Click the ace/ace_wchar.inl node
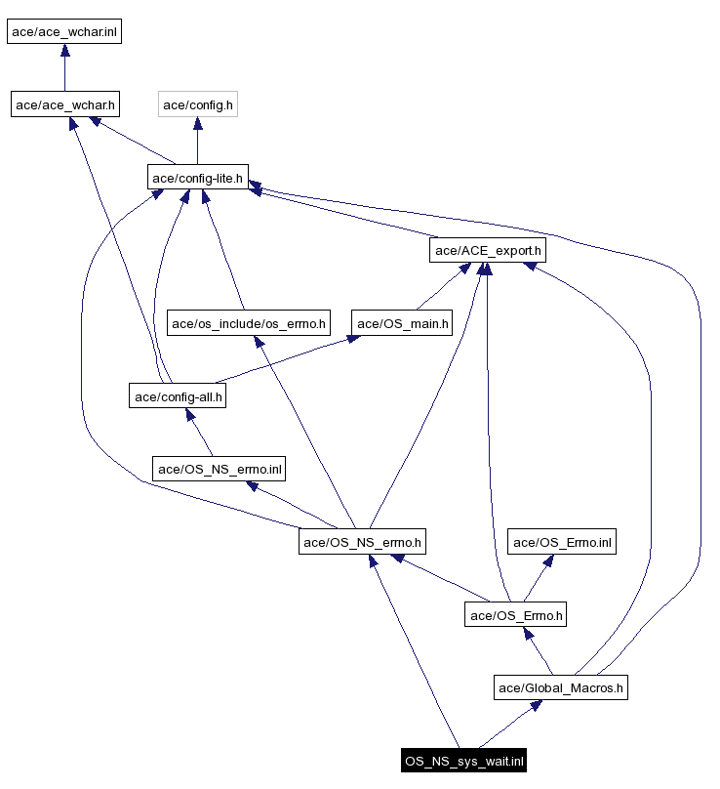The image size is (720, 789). pyautogui.click(x=64, y=31)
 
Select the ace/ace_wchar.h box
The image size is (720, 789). pyautogui.click(x=64, y=104)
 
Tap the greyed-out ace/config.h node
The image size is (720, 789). pyautogui.click(x=198, y=104)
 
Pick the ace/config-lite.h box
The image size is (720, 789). pyautogui.click(x=198, y=177)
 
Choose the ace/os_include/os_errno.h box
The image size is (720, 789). pyautogui.click(x=250, y=323)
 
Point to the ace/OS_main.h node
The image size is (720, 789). pyautogui.click(x=403, y=323)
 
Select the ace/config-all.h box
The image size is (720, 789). pyautogui.click(x=179, y=395)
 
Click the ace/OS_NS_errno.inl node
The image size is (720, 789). pyautogui.click(x=220, y=469)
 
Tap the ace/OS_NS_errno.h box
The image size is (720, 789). pyautogui.click(x=363, y=541)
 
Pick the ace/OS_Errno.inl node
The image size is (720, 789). pyautogui.click(x=563, y=541)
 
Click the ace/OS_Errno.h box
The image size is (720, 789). pyautogui.click(x=515, y=614)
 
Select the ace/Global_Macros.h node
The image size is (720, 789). pyautogui.click(x=561, y=687)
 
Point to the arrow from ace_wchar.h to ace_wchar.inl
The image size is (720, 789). pyautogui.click(x=64, y=67)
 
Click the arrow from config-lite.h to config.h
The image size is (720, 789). pyautogui.click(x=198, y=141)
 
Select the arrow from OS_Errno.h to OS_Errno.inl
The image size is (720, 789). pyautogui.click(x=539, y=578)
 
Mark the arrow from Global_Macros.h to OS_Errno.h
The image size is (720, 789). pyautogui.click(x=539, y=651)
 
